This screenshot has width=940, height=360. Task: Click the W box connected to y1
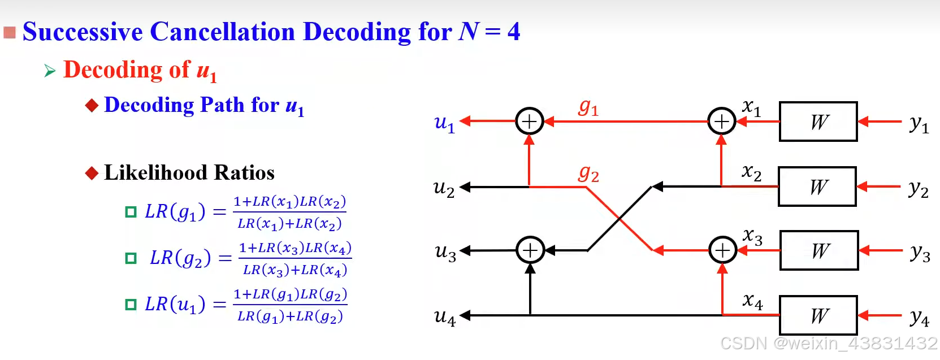pos(818,122)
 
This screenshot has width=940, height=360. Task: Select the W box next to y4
pos(818,315)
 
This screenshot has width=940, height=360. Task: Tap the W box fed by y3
pos(819,250)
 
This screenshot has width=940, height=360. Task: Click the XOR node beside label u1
pos(530,122)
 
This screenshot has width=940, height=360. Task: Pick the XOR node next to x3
pos(722,250)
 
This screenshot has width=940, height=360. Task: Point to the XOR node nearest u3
pos(530,250)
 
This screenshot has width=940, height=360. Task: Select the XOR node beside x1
pos(722,122)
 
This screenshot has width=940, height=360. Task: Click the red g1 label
pos(588,107)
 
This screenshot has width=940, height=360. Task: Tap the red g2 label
pos(588,174)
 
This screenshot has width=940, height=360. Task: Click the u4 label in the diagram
pos(445,317)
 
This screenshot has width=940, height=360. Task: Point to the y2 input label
pos(919,189)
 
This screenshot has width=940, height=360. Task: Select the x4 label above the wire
pos(752,301)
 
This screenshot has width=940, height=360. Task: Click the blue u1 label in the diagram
pos(444,123)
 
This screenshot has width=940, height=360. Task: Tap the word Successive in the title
pos(83,32)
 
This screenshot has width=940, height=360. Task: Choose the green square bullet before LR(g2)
pos(131,258)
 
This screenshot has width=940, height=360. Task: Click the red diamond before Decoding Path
pos(92,106)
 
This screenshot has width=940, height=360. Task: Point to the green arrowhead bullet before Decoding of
pos(50,71)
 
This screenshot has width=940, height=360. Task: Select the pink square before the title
pos(10,32)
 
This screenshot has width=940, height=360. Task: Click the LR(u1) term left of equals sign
pos(175,305)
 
